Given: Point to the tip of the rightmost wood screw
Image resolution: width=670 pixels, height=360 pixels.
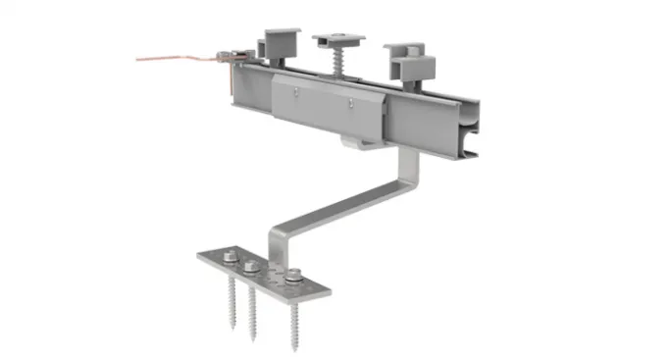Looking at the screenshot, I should pos(293,350).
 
